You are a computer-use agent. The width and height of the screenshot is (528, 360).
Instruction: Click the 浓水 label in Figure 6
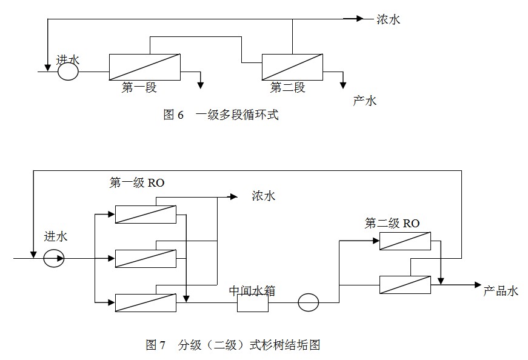[389, 19]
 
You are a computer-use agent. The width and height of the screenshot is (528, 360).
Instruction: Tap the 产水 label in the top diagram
[365, 101]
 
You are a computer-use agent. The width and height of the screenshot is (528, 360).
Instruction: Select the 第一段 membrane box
[144, 67]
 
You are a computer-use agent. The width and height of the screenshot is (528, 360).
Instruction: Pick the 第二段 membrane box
[292, 67]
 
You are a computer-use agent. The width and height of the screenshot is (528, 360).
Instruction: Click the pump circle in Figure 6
[68, 72]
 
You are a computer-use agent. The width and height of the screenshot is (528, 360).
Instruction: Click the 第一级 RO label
[137, 183]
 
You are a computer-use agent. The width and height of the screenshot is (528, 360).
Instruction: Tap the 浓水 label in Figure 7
[263, 196]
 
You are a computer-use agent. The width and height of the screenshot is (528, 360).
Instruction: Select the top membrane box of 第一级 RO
[145, 214]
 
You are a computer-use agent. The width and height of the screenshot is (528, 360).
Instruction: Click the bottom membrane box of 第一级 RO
[145, 302]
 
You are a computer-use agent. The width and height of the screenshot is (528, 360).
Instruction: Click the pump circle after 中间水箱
[308, 302]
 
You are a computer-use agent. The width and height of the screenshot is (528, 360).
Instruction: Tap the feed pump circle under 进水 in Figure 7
[54, 259]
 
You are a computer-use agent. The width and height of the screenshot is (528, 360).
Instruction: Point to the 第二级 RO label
[392, 224]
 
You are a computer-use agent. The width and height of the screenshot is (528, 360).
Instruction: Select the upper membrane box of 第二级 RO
[405, 241]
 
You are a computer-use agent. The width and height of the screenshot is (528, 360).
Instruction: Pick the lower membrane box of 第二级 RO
[405, 284]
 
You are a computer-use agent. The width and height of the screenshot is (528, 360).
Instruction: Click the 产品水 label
[501, 291]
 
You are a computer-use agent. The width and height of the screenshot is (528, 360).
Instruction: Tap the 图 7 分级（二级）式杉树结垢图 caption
[233, 345]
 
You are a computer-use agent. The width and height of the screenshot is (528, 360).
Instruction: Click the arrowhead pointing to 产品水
[478, 284]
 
